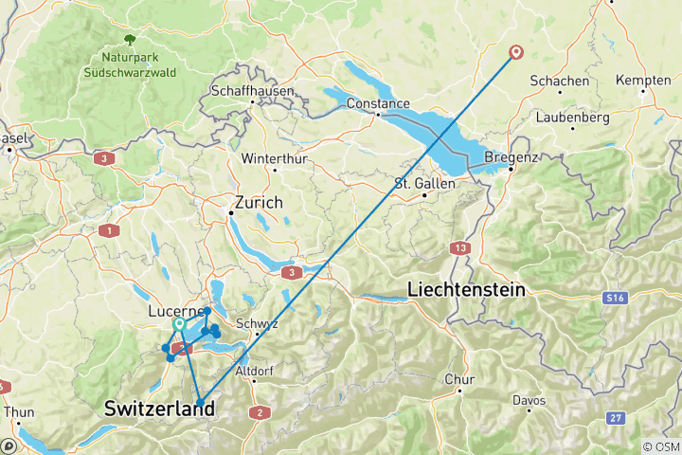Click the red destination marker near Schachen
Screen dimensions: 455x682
pyautogui.click(x=516, y=52)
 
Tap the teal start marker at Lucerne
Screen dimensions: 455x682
pyautogui.click(x=178, y=325)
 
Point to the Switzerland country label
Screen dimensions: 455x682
pyautogui.click(x=159, y=409)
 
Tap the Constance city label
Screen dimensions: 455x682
pyautogui.click(x=378, y=103)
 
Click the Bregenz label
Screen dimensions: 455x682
pyautogui.click(x=511, y=156)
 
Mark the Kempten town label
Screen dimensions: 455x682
pyautogui.click(x=643, y=81)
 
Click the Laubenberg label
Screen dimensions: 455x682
pyautogui.click(x=570, y=118)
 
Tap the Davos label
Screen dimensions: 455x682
pyautogui.click(x=529, y=401)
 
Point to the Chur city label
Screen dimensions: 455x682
pyautogui.click(x=458, y=380)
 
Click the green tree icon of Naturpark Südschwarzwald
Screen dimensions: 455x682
pyautogui.click(x=130, y=40)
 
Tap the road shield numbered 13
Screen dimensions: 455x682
pyautogui.click(x=460, y=247)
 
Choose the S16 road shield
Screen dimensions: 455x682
pyautogui.click(x=616, y=299)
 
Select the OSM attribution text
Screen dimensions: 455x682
pyautogui.click(x=661, y=446)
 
